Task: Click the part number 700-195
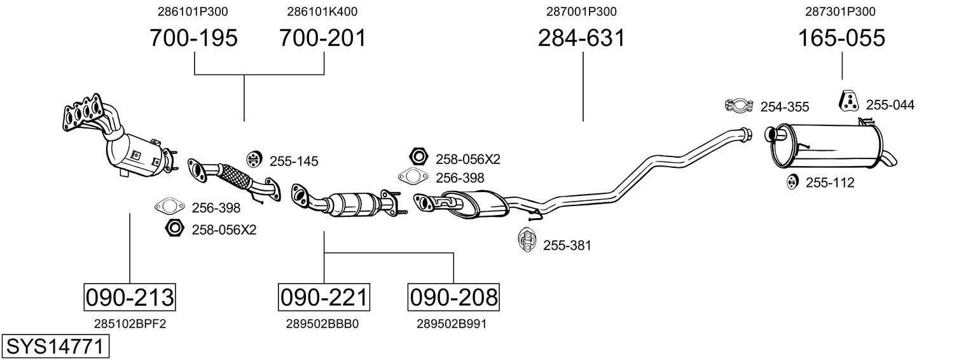point(193,38)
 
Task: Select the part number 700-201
point(323,38)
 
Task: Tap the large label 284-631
point(581,38)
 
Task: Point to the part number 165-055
point(841,38)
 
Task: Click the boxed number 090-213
point(130,297)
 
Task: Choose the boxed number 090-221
point(324,297)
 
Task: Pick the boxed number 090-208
point(453,297)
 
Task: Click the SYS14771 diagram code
point(55,347)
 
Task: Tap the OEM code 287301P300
point(841,11)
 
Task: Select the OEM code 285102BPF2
point(130,324)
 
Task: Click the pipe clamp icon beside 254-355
point(738,106)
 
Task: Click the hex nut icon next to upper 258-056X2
point(418,156)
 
